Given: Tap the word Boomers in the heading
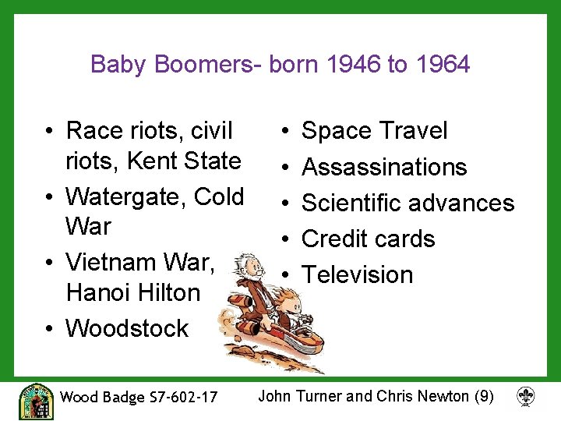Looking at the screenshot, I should [x=206, y=64].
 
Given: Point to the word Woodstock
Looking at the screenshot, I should [x=127, y=328].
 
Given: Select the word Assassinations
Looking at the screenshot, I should [x=384, y=167].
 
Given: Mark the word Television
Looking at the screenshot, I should [x=357, y=274].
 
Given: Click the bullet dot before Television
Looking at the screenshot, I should [x=286, y=274].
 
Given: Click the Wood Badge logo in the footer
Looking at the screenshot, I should [x=37, y=401].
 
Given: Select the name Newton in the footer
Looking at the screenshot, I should [x=441, y=396].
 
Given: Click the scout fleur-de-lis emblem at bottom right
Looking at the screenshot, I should [x=525, y=397].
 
